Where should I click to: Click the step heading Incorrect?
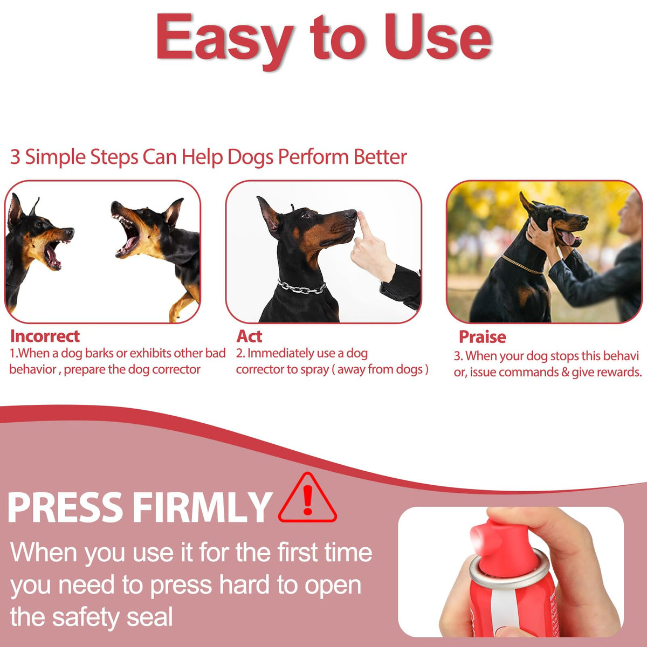click(45, 336)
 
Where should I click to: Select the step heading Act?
click(249, 336)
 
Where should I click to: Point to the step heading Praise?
click(482, 337)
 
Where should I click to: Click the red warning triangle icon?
click(307, 498)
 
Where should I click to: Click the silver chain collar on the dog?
click(302, 287)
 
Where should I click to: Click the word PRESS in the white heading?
click(65, 507)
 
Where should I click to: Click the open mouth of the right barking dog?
click(129, 237)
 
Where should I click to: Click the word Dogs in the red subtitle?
click(250, 157)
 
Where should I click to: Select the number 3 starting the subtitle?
click(15, 157)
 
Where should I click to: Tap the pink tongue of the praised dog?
click(568, 238)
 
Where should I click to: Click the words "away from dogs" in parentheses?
click(380, 369)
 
